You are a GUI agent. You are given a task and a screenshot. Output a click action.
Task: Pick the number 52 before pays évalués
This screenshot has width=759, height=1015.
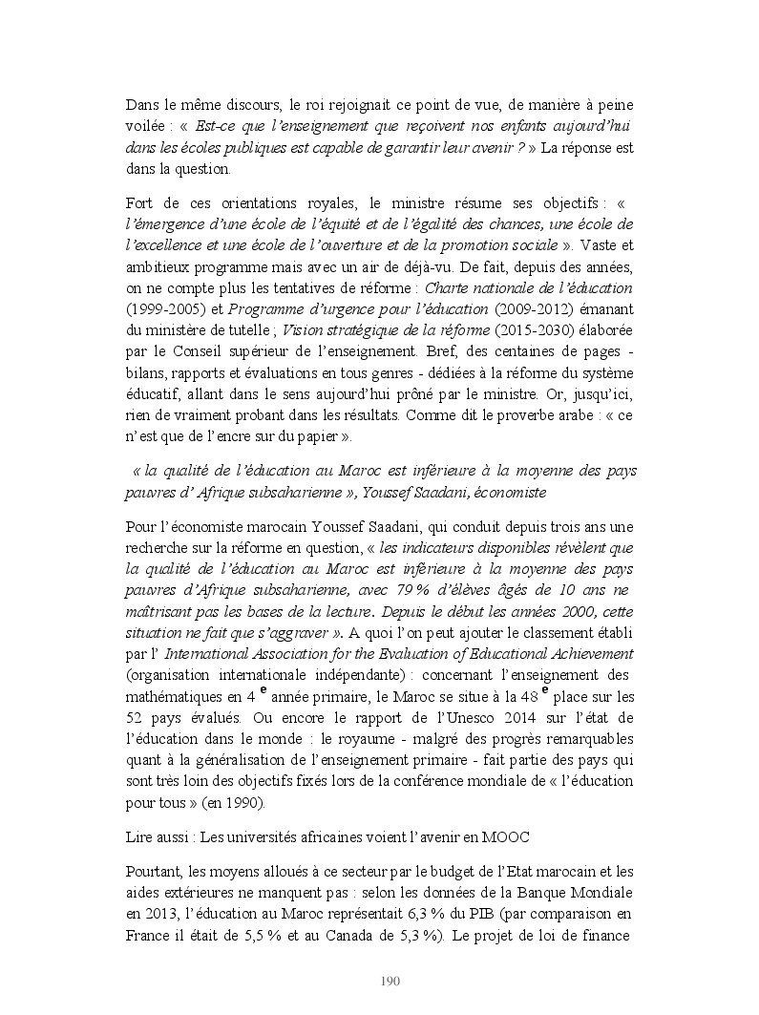click(136, 717)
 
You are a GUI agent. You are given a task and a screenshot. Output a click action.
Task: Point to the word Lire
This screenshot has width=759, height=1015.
click(141, 836)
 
